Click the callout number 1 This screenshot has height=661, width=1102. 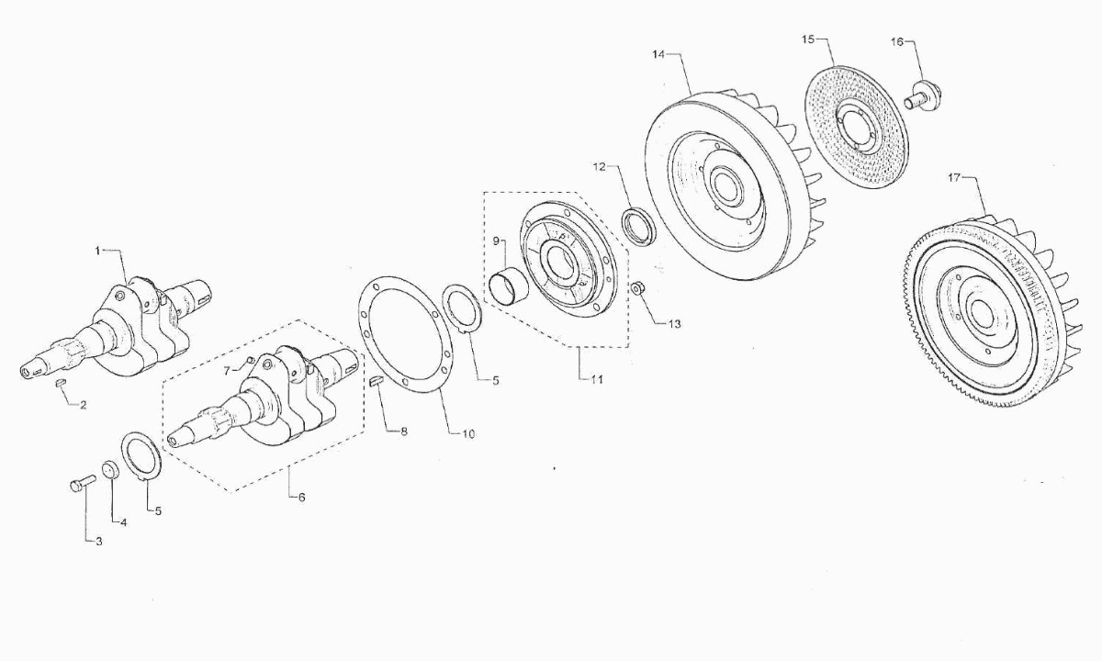[97, 251]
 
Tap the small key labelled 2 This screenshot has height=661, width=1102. [61, 382]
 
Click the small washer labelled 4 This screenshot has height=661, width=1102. [111, 469]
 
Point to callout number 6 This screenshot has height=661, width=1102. [301, 498]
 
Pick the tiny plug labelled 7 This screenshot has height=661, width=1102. [250, 361]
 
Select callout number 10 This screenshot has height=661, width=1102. [468, 433]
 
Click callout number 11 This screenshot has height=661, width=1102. [597, 379]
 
